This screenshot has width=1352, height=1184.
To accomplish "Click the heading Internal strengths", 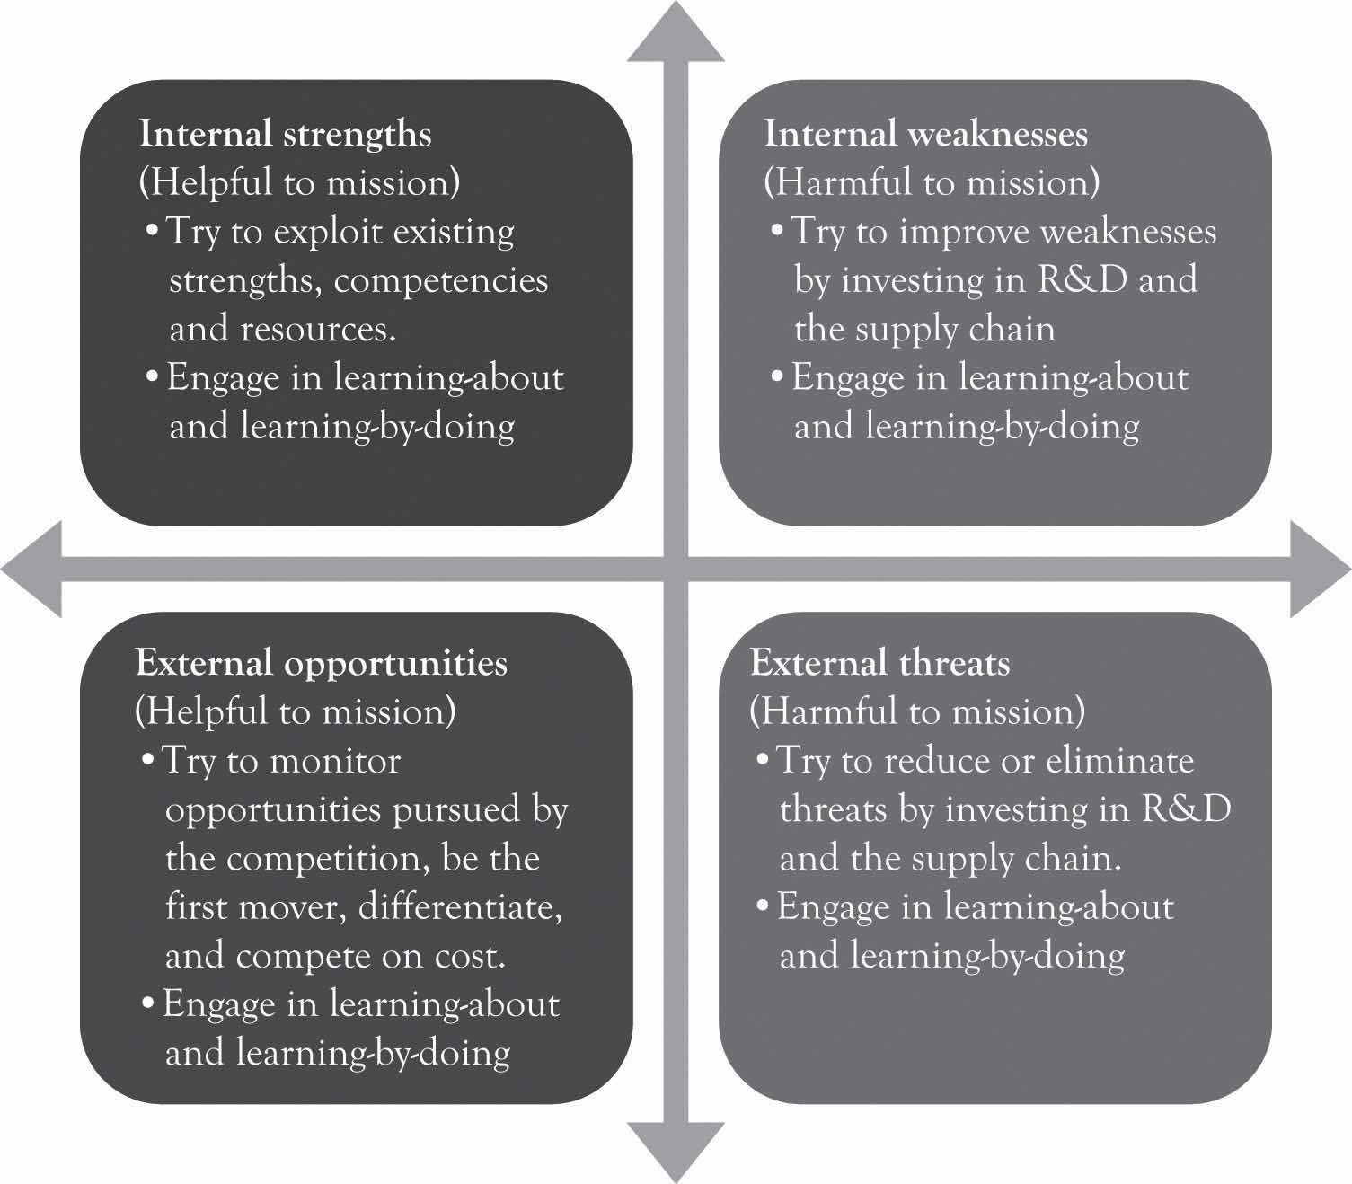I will tap(285, 134).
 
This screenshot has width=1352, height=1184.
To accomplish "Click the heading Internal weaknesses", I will tap(925, 134).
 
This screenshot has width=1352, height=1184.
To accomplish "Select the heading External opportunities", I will tap(321, 663).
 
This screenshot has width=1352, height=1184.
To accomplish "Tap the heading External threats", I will tap(879, 663).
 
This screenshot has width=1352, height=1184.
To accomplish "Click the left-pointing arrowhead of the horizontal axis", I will tap(32, 569).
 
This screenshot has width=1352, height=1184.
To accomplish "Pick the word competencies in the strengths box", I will tap(440, 280).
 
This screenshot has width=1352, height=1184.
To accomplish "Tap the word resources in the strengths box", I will tap(318, 329).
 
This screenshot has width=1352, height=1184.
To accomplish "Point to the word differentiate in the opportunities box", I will tap(461, 907).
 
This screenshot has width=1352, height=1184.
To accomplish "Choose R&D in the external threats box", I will tap(1187, 809).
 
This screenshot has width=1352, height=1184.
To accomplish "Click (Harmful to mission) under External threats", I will tap(917, 711).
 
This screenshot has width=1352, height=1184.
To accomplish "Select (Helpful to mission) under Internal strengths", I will tap(299, 182).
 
